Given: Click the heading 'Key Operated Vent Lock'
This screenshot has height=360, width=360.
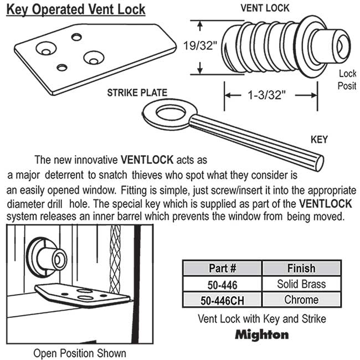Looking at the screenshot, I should click(x=76, y=9).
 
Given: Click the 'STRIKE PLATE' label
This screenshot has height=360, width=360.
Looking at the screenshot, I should click(x=137, y=92).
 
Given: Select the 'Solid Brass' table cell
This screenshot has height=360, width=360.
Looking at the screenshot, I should click(x=301, y=284).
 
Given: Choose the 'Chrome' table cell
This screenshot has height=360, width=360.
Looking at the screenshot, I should click(x=301, y=300).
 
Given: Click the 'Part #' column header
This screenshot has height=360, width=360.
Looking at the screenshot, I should click(x=223, y=269).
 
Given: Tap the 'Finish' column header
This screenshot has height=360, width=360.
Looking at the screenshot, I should click(x=301, y=269).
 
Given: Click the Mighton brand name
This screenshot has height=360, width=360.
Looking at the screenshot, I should click(x=262, y=335).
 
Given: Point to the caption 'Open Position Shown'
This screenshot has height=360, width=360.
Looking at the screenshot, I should click(x=80, y=353).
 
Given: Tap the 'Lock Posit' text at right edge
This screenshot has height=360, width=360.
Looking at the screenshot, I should click(x=347, y=80).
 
